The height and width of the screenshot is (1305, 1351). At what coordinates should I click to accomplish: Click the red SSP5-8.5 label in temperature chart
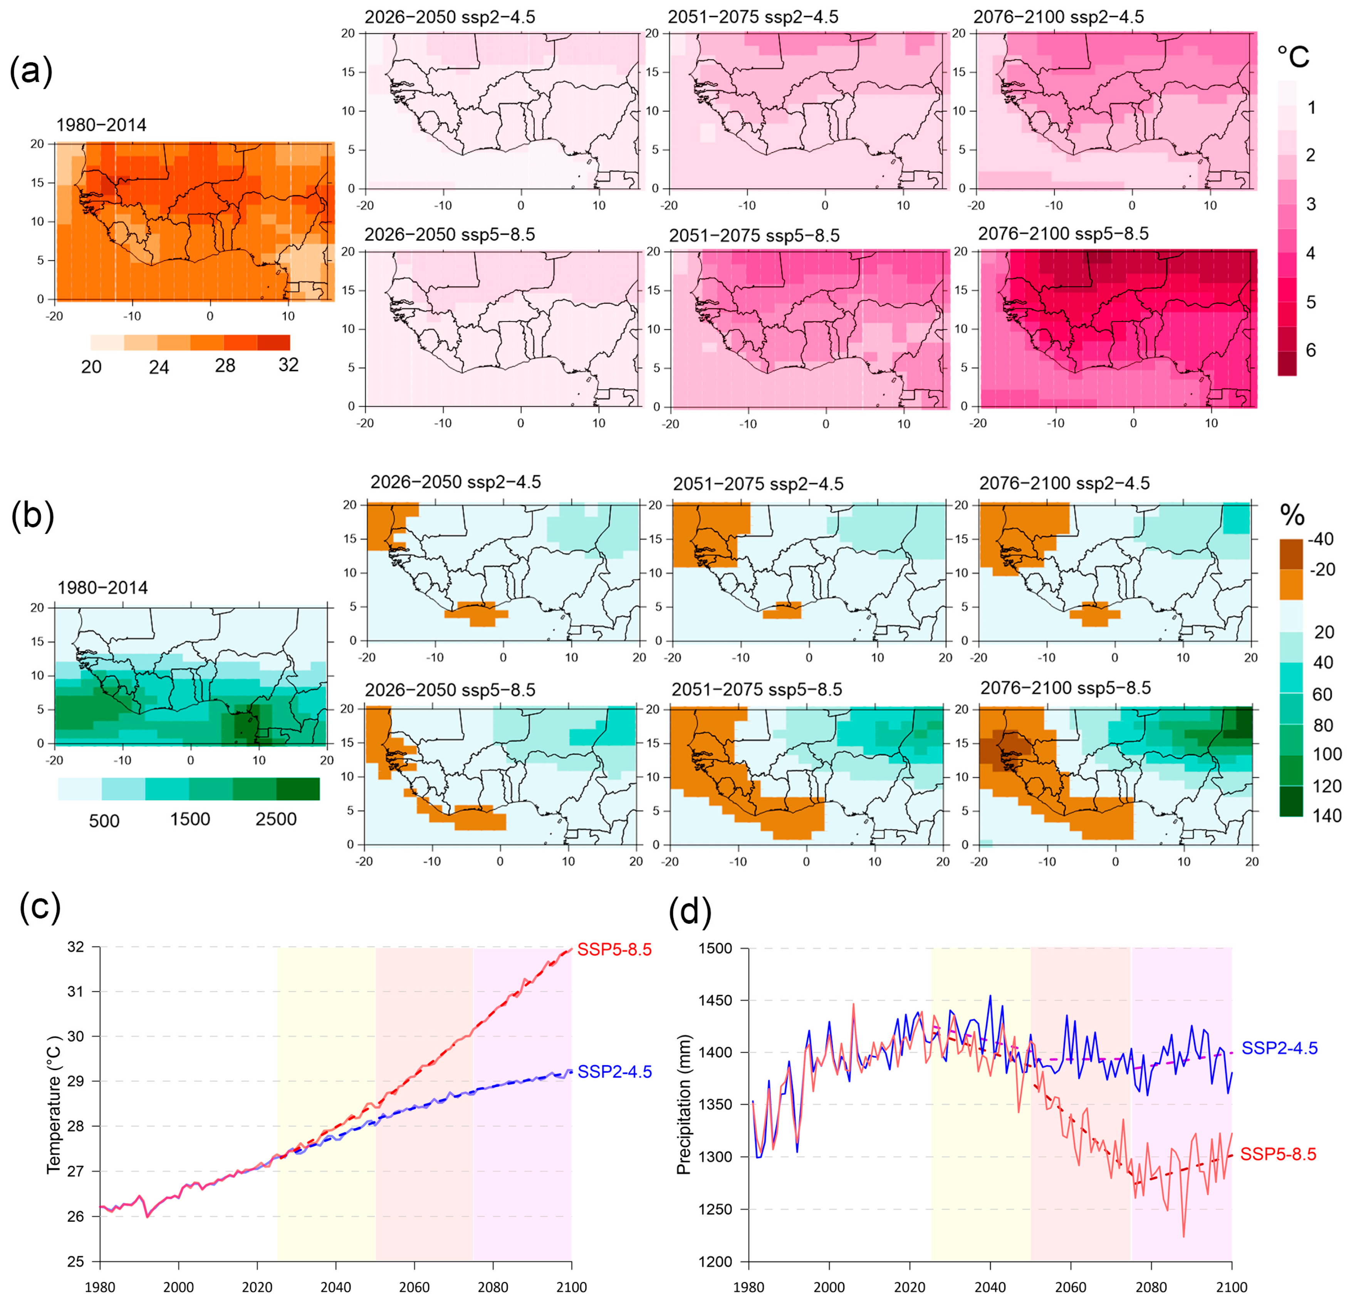pos(614,950)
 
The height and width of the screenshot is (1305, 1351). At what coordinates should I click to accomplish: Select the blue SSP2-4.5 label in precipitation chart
pos(1279,1048)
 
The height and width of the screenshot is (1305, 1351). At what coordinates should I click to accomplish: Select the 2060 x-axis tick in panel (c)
pos(414,1287)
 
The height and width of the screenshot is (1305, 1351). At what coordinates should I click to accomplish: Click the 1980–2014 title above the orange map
pos(101,125)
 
